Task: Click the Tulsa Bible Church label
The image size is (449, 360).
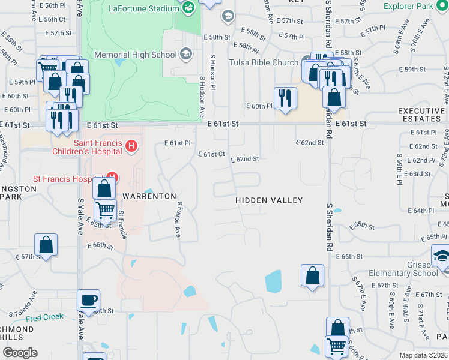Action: pyautogui.click(x=263, y=62)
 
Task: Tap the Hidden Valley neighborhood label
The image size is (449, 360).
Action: pyautogui.click(x=269, y=200)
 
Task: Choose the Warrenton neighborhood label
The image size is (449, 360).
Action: pyautogui.click(x=149, y=196)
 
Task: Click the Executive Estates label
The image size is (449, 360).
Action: pyautogui.click(x=421, y=115)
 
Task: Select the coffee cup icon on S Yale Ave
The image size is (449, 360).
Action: pyautogui.click(x=89, y=299)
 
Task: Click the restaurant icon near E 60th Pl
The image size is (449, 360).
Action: pyautogui.click(x=285, y=97)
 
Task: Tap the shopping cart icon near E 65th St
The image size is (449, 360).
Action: pyautogui.click(x=106, y=210)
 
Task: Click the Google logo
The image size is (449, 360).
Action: pyautogui.click(x=20, y=353)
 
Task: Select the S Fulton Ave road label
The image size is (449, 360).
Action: pyautogui.click(x=178, y=220)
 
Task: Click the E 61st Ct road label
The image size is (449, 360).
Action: pyautogui.click(x=212, y=154)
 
